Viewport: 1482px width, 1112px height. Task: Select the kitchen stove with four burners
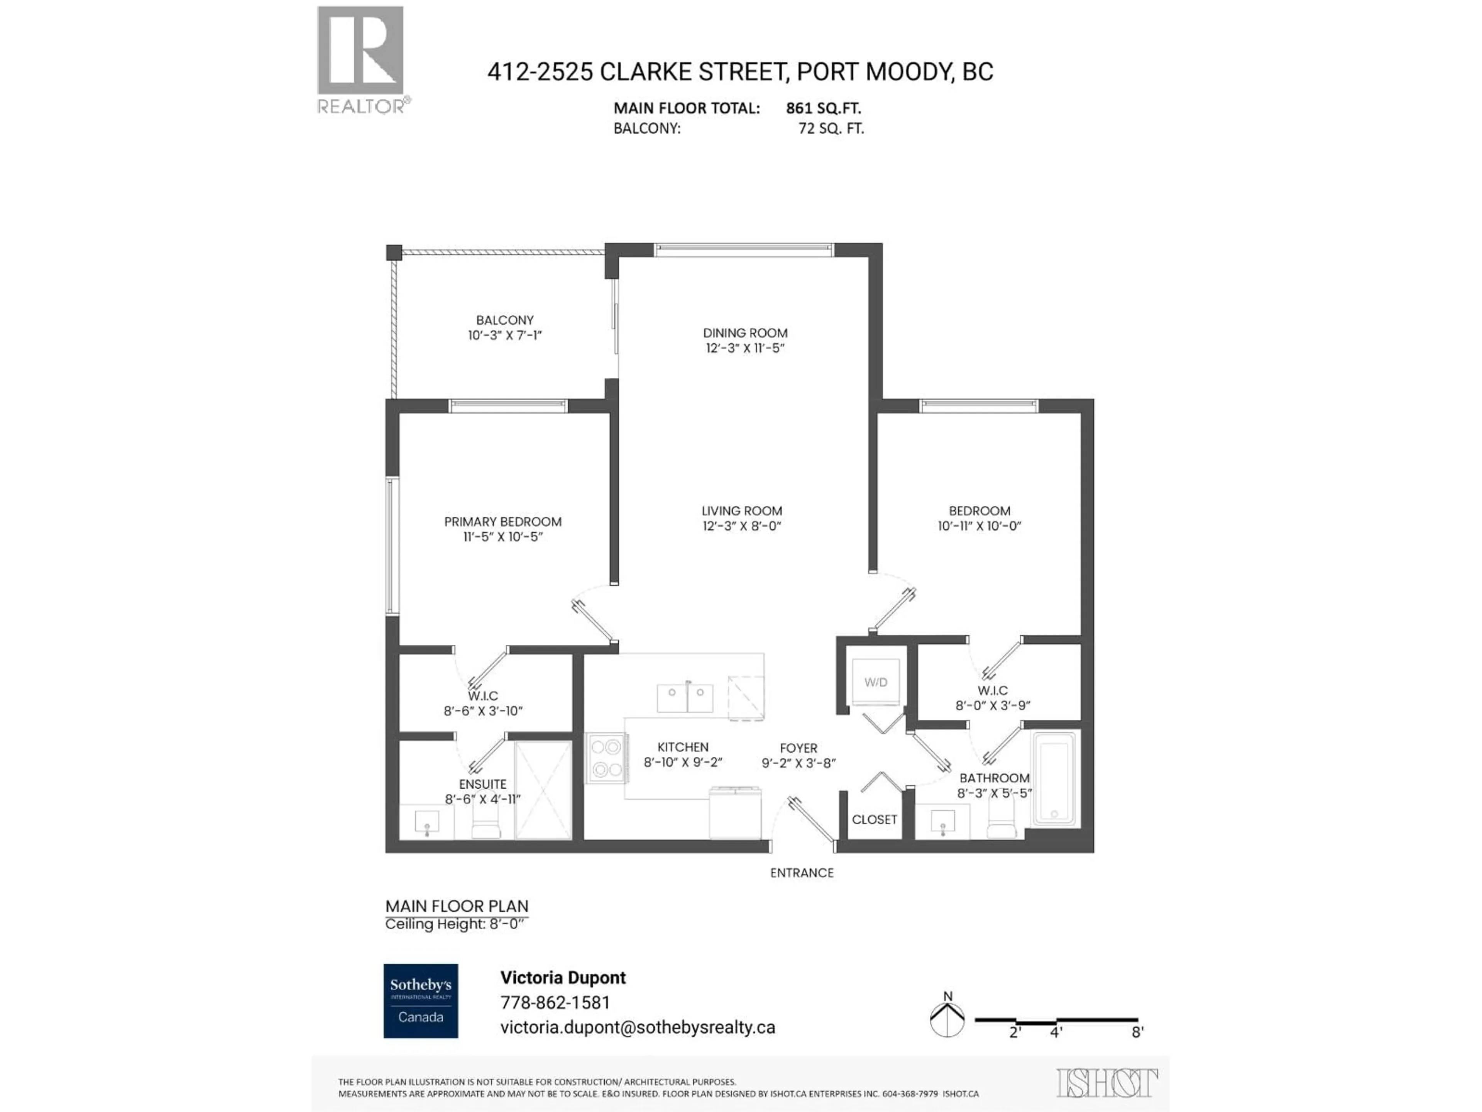[606, 758]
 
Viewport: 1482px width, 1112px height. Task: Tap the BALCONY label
[504, 320]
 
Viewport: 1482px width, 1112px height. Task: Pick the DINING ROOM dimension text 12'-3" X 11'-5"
[744, 348]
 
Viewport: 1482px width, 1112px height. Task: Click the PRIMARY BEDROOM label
[502, 522]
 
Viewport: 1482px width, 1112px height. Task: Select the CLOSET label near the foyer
[874, 819]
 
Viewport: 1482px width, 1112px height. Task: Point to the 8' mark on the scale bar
[1137, 1032]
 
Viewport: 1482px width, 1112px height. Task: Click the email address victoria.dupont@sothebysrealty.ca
[637, 1027]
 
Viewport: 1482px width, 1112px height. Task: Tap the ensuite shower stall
[543, 790]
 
